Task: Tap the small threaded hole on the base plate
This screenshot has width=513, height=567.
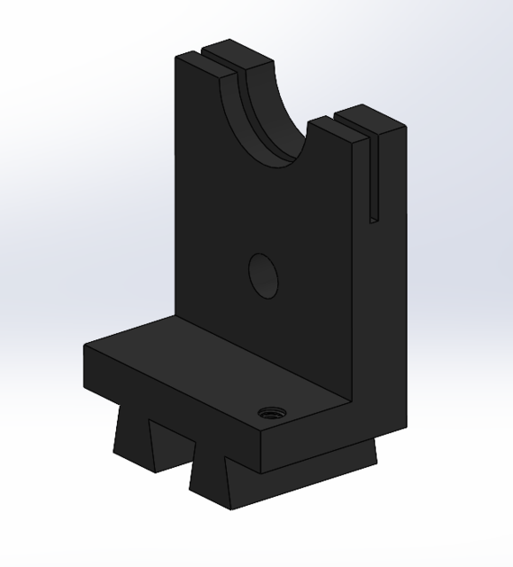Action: pos(267,413)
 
